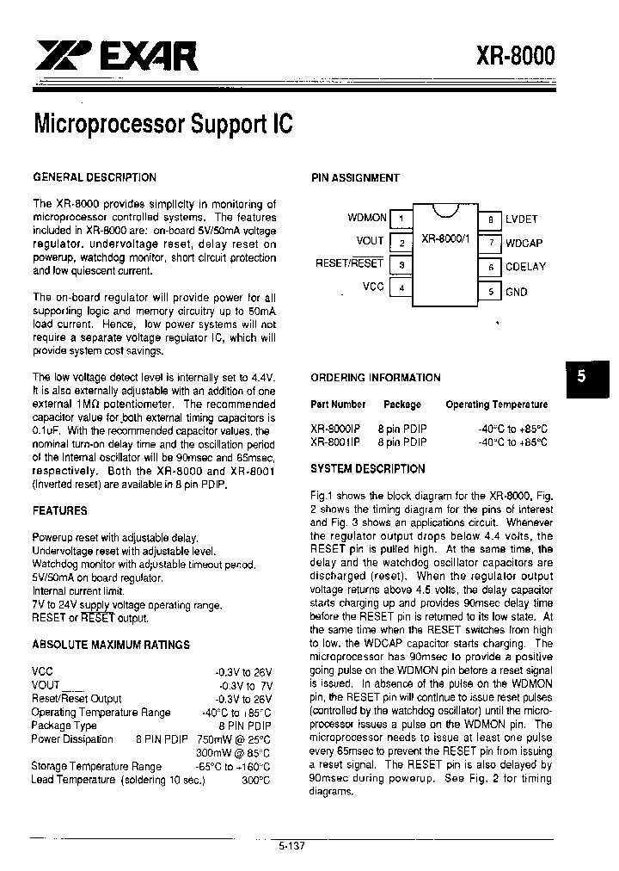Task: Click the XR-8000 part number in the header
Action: [x=515, y=57]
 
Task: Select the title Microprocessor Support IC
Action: [x=163, y=124]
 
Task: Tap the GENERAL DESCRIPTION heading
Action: [x=95, y=177]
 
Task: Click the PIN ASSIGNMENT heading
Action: [x=355, y=178]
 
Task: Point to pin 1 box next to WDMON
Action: [x=401, y=219]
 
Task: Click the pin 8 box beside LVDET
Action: [x=489, y=219]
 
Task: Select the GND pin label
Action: [x=517, y=292]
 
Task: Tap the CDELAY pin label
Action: [x=525, y=267]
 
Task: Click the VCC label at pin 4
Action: [x=373, y=287]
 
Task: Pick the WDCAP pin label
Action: [x=524, y=243]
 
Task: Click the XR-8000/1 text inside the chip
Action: [x=444, y=238]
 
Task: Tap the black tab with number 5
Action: [x=581, y=376]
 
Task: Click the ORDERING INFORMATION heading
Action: [x=375, y=378]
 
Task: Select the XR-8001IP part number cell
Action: [x=335, y=442]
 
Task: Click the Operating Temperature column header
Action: [x=496, y=405]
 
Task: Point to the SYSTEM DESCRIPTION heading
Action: [x=367, y=469]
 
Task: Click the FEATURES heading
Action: [x=59, y=510]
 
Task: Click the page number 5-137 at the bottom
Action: [x=292, y=846]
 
